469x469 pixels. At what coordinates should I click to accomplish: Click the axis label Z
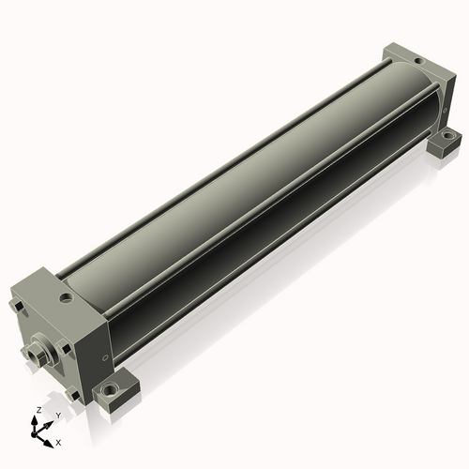pos(39,410)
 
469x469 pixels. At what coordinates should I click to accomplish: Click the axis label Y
pos(58,416)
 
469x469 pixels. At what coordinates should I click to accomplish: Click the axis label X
pos(58,443)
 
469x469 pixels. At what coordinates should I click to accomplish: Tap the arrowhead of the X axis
pos(49,444)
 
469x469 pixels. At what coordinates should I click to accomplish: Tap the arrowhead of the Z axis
pos(34,420)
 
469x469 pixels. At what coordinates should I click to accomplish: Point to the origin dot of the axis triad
pos(34,434)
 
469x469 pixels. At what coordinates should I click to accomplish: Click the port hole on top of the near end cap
pos(67,297)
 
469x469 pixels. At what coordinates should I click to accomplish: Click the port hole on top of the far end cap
pos(418,61)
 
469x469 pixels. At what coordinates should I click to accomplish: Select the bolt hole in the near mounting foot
pos(110,389)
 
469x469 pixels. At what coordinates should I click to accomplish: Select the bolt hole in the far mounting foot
pos(448,136)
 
